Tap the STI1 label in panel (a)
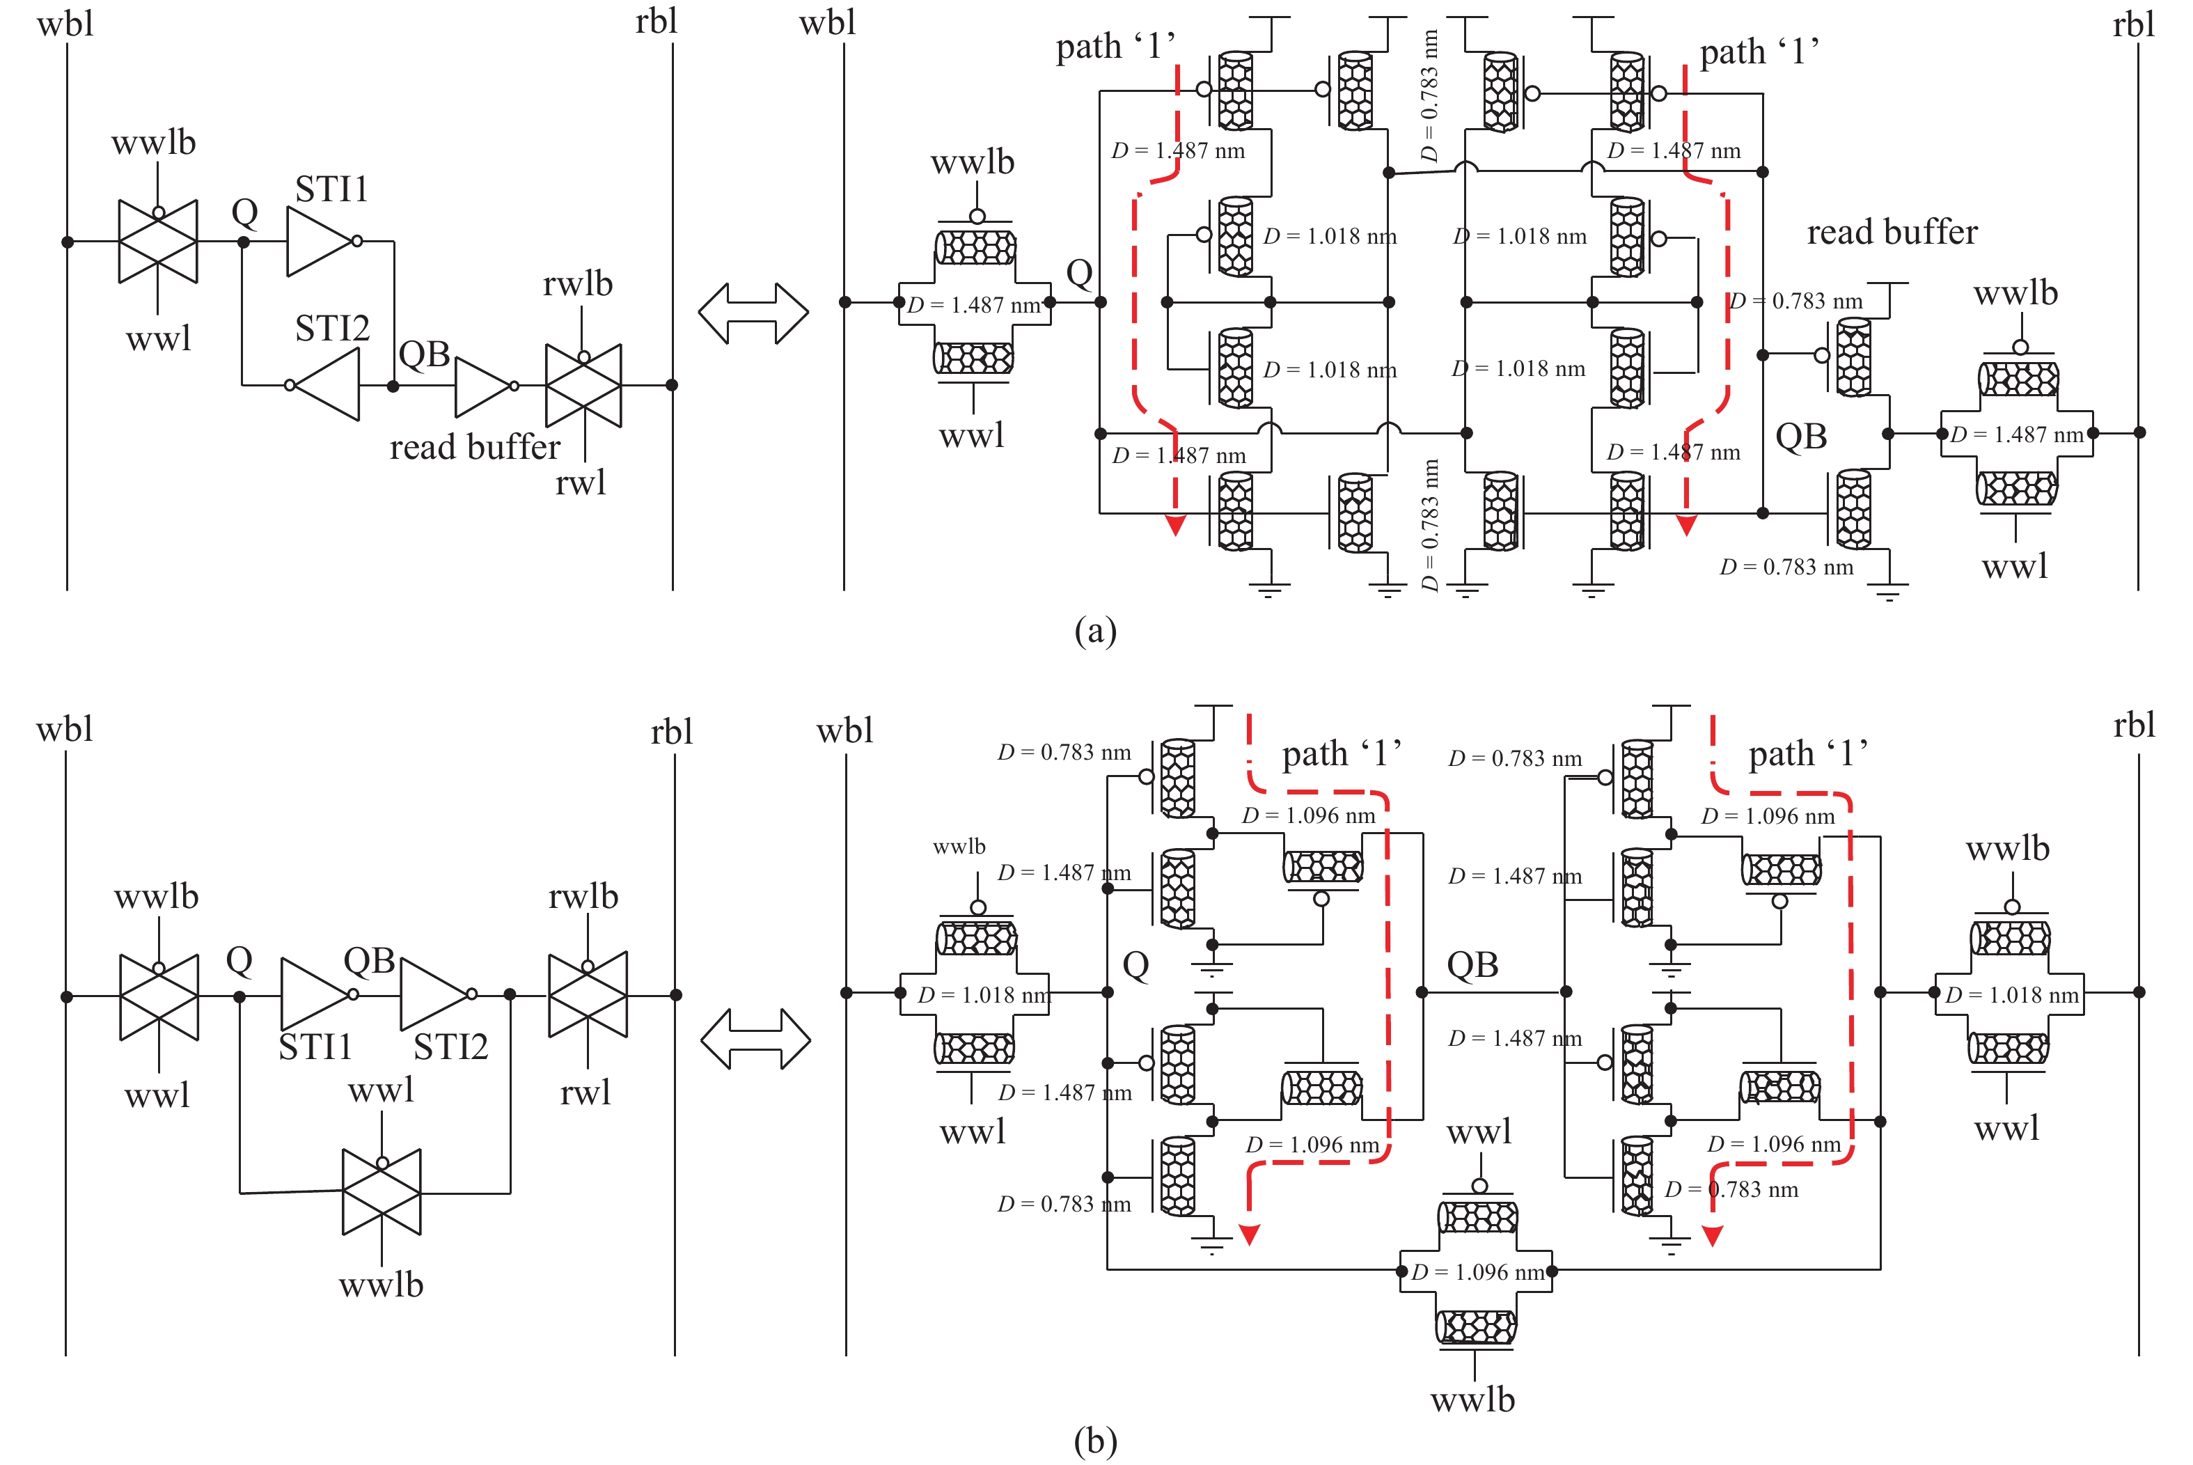point(331,189)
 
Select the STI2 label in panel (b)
point(450,1047)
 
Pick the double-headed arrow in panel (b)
point(755,1038)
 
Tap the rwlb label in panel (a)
point(577,283)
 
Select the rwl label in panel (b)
point(585,1091)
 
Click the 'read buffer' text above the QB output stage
point(1892,232)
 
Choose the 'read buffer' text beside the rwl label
point(475,448)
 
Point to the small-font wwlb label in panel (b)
point(959,847)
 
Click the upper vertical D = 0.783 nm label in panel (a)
point(1429,96)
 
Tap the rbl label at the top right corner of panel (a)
point(2133,24)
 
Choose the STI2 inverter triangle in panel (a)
point(328,385)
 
